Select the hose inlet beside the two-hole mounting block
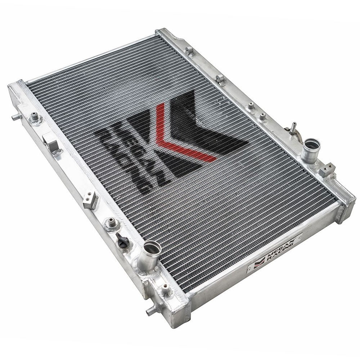tap(310, 150)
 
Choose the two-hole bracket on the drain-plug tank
tap(91, 200)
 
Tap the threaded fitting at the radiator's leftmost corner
tap(35, 117)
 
